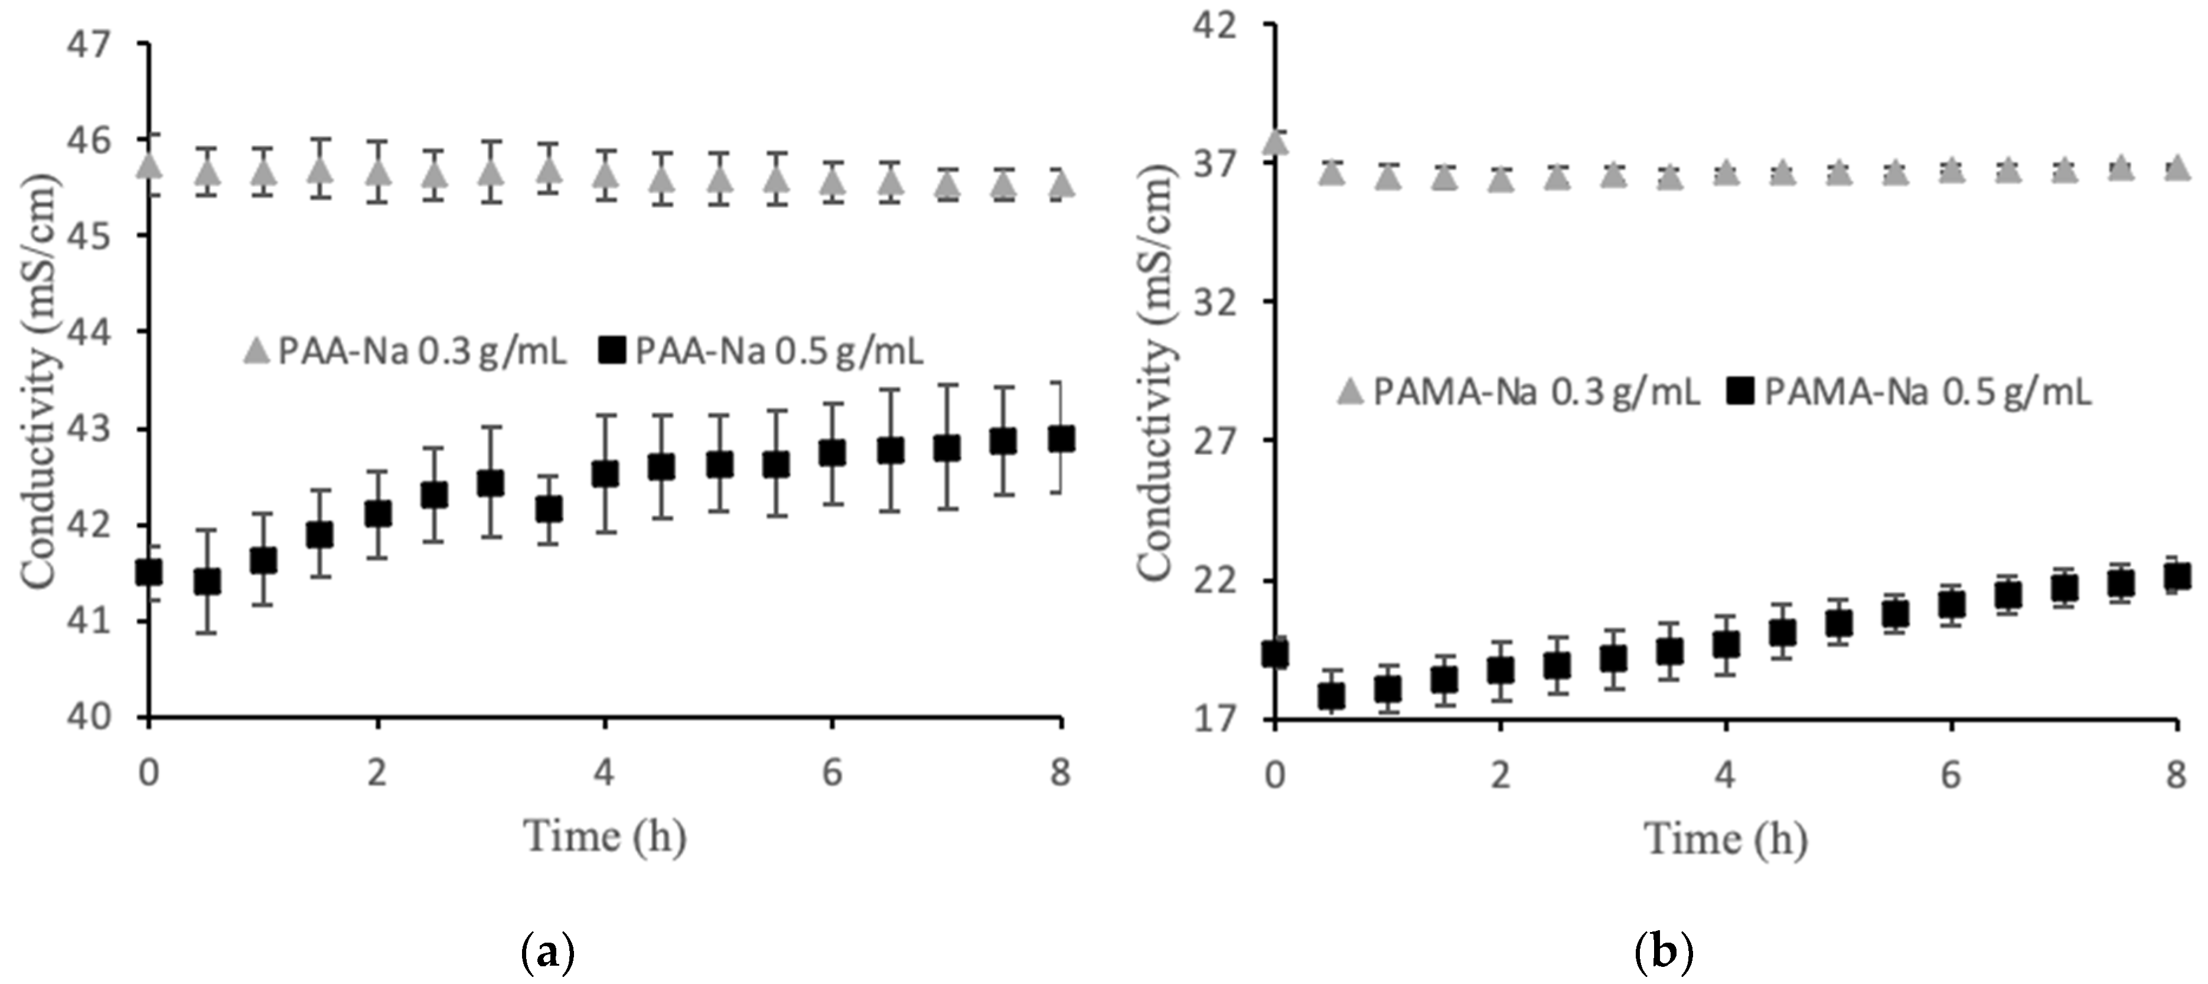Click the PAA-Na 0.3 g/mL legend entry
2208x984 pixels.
[405, 351]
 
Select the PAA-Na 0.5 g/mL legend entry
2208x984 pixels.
[761, 351]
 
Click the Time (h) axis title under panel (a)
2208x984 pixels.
[605, 836]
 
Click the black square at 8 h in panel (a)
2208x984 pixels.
[1061, 439]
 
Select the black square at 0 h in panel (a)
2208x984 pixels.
[149, 572]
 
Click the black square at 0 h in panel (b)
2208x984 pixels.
[1276, 654]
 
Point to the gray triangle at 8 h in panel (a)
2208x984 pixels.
[1061, 184]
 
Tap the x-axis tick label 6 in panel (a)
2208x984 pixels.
[832, 773]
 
